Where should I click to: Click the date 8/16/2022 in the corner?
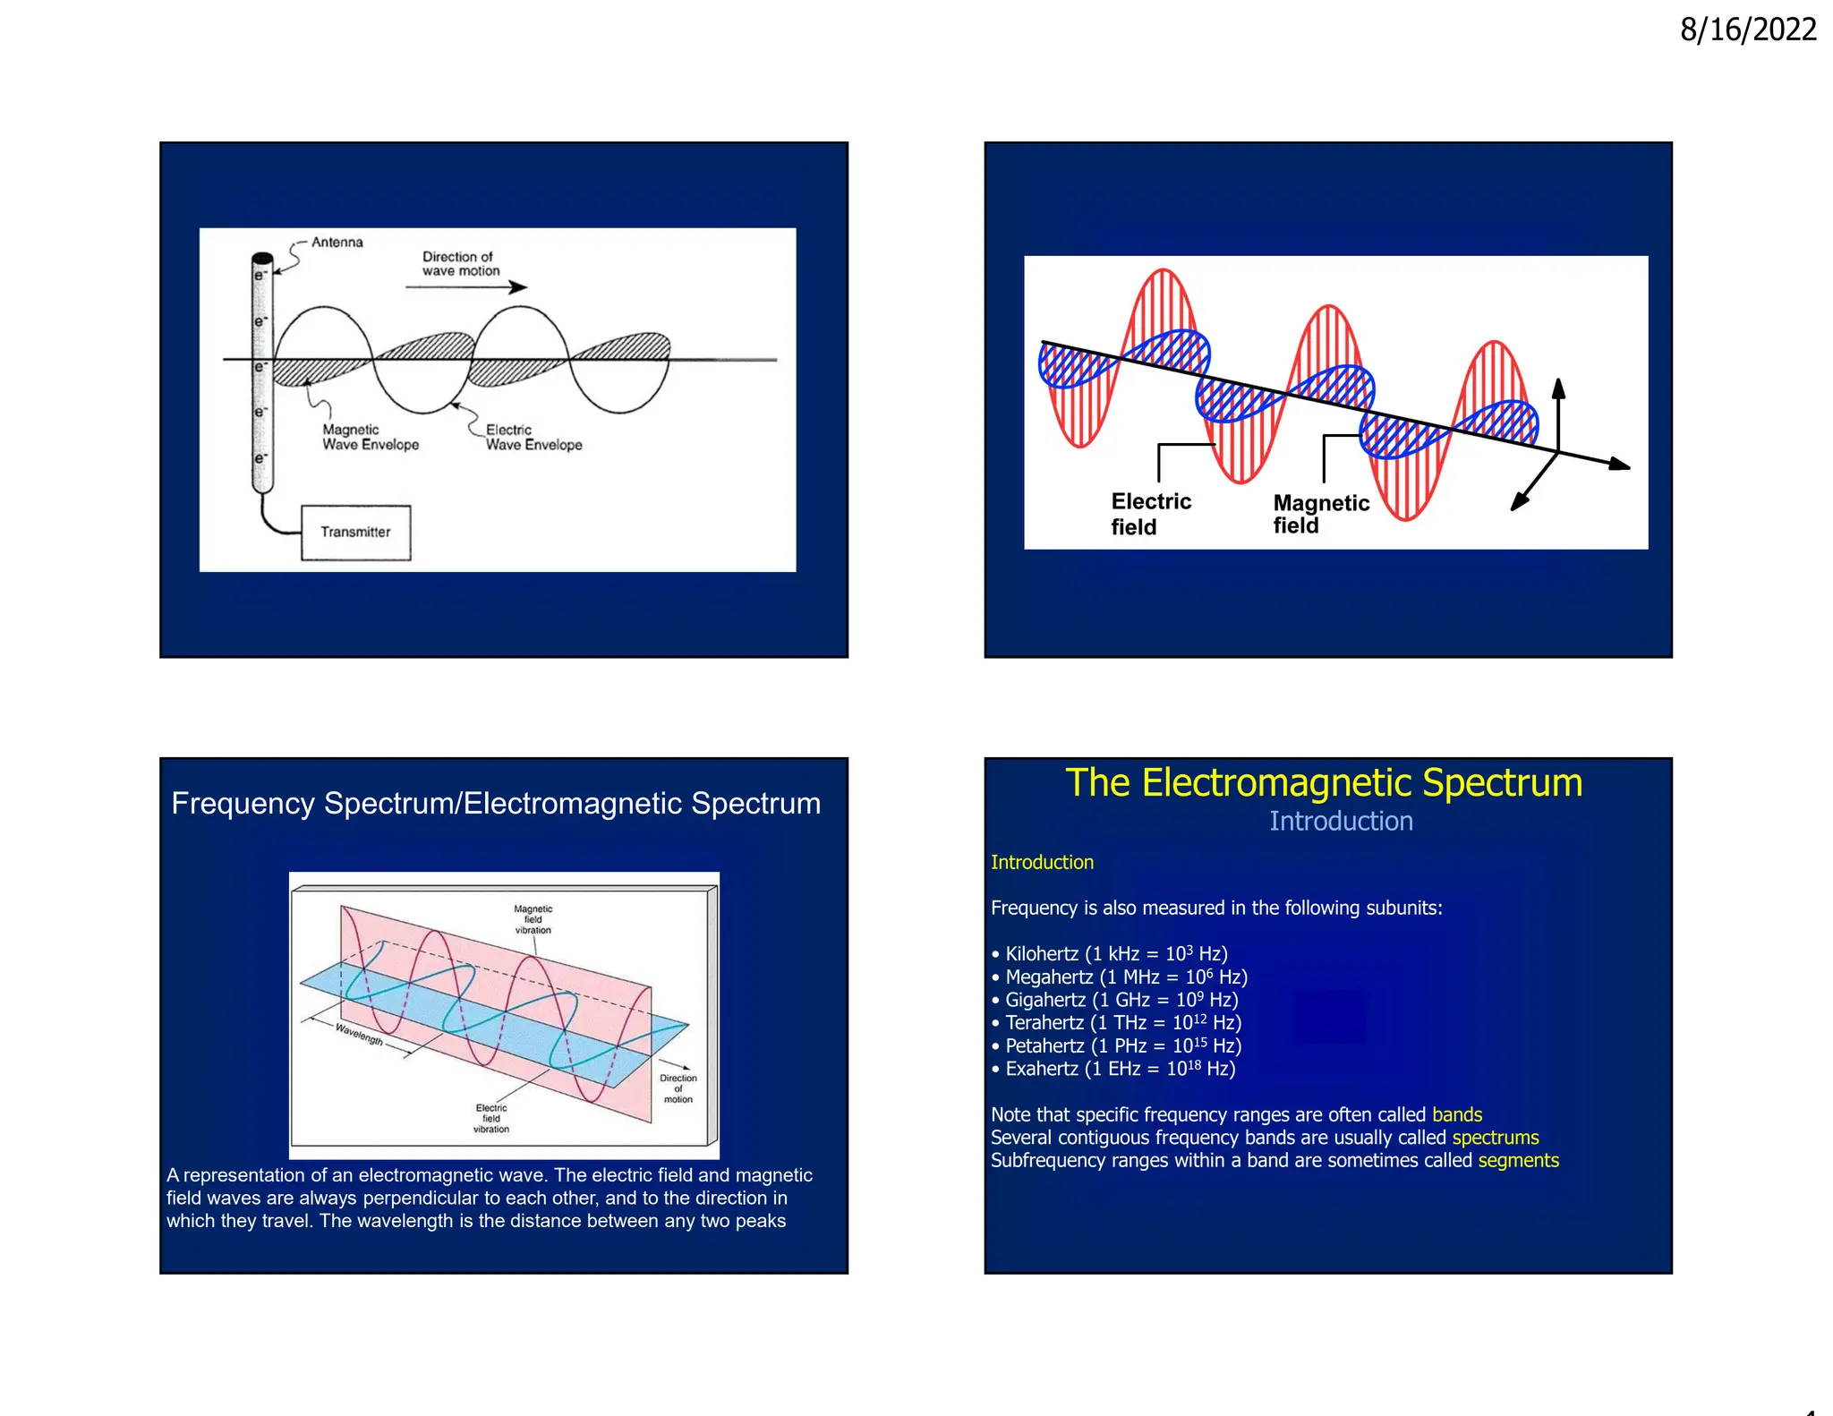point(1747,30)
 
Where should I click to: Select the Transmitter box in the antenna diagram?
point(355,533)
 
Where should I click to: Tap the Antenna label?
point(337,243)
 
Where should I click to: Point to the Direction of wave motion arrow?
point(465,286)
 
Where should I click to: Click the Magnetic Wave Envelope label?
point(370,438)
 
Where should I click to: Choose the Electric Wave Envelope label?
point(533,438)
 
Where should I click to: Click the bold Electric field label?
point(1150,514)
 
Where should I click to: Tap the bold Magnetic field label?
point(1320,514)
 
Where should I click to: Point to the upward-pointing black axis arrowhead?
point(1558,387)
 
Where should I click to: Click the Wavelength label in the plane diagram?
point(359,1035)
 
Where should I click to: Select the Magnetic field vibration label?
point(533,919)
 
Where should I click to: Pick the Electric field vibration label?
point(491,1119)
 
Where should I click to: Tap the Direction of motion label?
point(678,1088)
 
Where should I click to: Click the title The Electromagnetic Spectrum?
point(1323,783)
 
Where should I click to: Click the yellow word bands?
point(1457,1115)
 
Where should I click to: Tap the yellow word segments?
point(1518,1161)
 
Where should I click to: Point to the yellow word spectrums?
point(1495,1138)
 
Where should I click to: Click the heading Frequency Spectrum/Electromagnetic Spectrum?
point(496,804)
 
